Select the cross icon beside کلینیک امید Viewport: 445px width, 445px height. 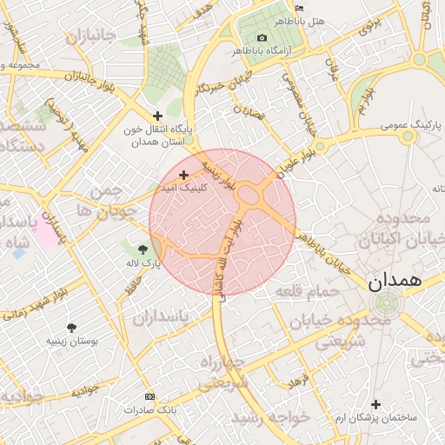coord(183,175)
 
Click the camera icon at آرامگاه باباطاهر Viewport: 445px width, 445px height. coord(262,38)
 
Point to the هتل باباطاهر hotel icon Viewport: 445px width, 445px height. coord(300,8)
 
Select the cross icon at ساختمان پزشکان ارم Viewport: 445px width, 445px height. coord(375,404)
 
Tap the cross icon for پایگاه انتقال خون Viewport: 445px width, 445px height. coord(157,116)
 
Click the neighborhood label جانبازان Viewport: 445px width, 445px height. coord(90,37)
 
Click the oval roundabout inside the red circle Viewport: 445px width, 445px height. coord(254,196)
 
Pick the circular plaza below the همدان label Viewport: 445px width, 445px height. coord(385,303)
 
